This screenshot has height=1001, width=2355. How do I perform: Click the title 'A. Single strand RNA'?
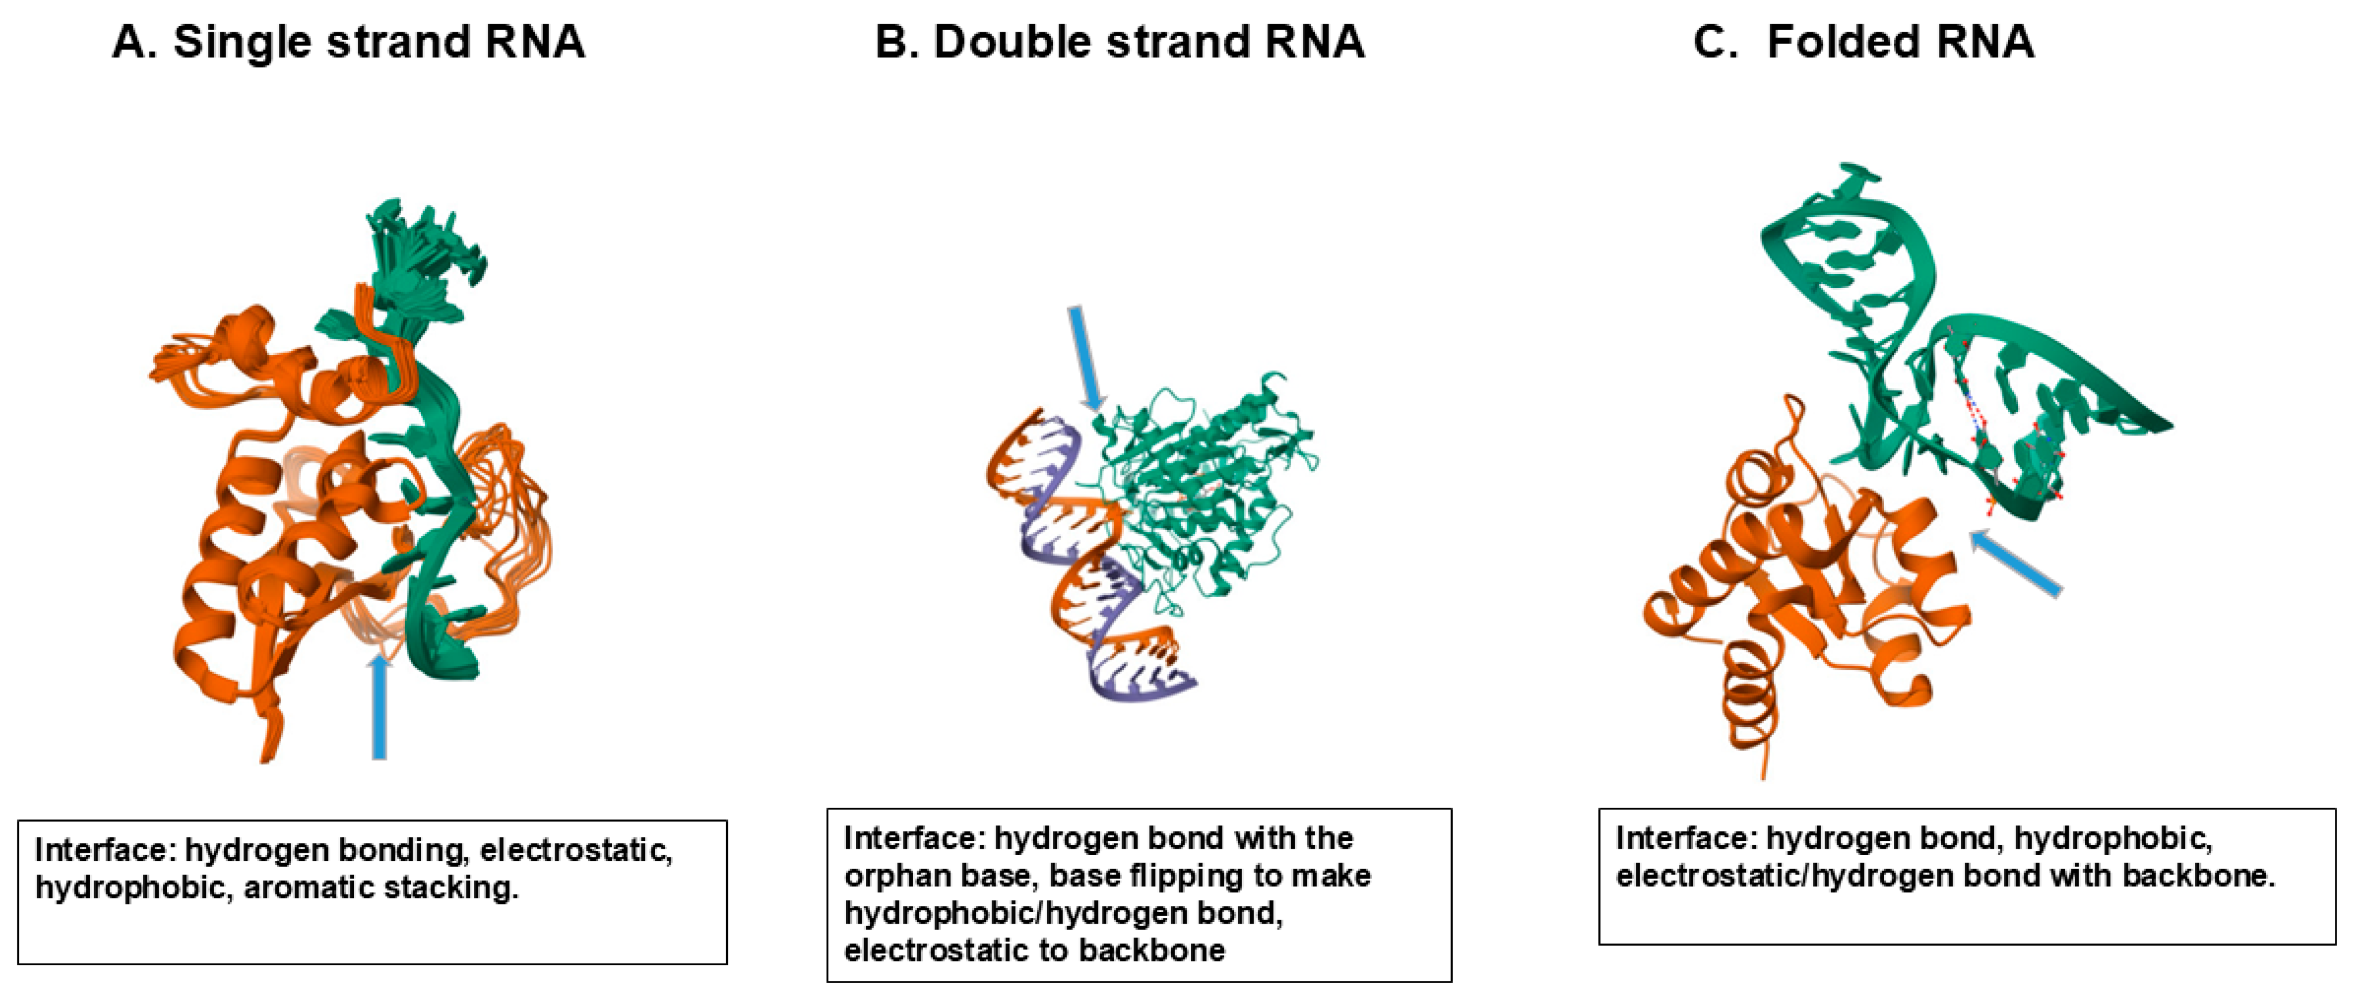[347, 42]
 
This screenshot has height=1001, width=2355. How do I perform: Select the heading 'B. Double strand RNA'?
[1119, 42]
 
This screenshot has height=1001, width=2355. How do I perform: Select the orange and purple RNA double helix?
[1079, 558]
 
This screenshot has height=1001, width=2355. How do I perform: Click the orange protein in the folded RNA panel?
[1792, 585]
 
